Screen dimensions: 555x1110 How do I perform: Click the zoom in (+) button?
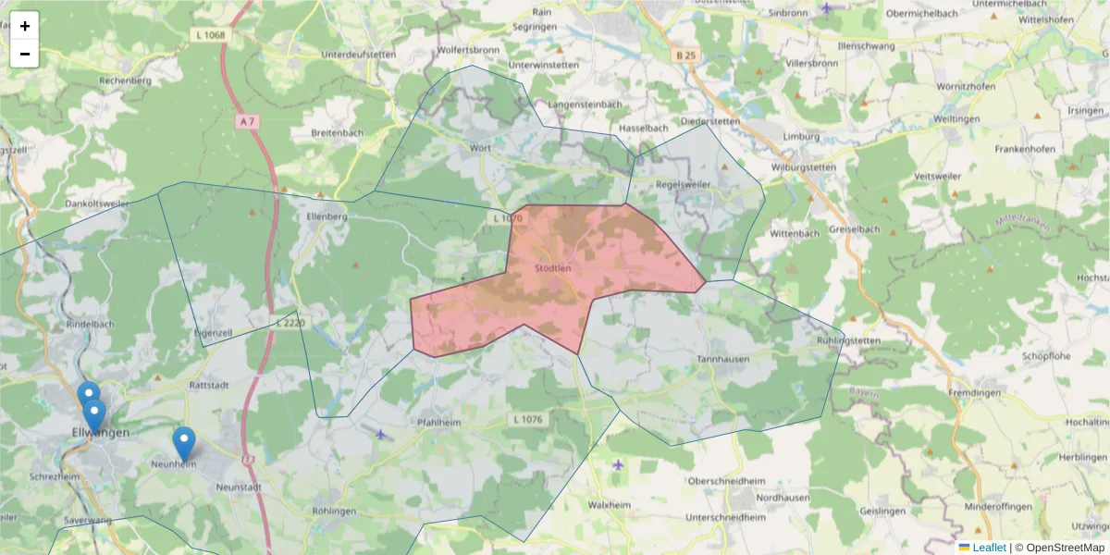pos(25,26)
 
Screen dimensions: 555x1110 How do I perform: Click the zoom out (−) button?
pos(25,54)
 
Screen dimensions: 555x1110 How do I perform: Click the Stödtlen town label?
pos(553,268)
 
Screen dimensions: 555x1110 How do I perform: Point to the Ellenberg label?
pos(326,216)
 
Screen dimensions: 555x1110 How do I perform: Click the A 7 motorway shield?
pos(244,121)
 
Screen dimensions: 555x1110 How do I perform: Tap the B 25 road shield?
pos(685,55)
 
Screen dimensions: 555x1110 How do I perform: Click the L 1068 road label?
pos(210,35)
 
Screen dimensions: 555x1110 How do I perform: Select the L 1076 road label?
pos(528,419)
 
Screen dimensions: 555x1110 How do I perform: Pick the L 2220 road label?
pos(290,323)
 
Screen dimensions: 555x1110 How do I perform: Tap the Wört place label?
pos(480,148)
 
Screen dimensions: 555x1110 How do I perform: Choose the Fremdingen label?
pos(975,393)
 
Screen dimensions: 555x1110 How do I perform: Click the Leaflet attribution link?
pos(989,548)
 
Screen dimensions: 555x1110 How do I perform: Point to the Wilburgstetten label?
pos(803,167)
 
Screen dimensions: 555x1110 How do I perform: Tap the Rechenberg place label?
pos(125,80)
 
